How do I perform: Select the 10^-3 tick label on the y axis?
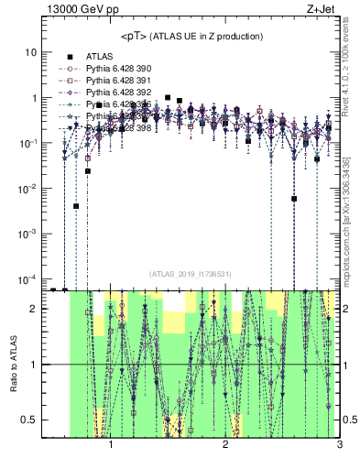(x=28, y=234)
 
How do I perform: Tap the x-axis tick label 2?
(x=225, y=449)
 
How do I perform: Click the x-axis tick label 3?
(x=338, y=449)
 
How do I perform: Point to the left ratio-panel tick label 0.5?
(x=29, y=420)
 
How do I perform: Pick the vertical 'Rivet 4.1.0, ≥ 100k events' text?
(x=352, y=64)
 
